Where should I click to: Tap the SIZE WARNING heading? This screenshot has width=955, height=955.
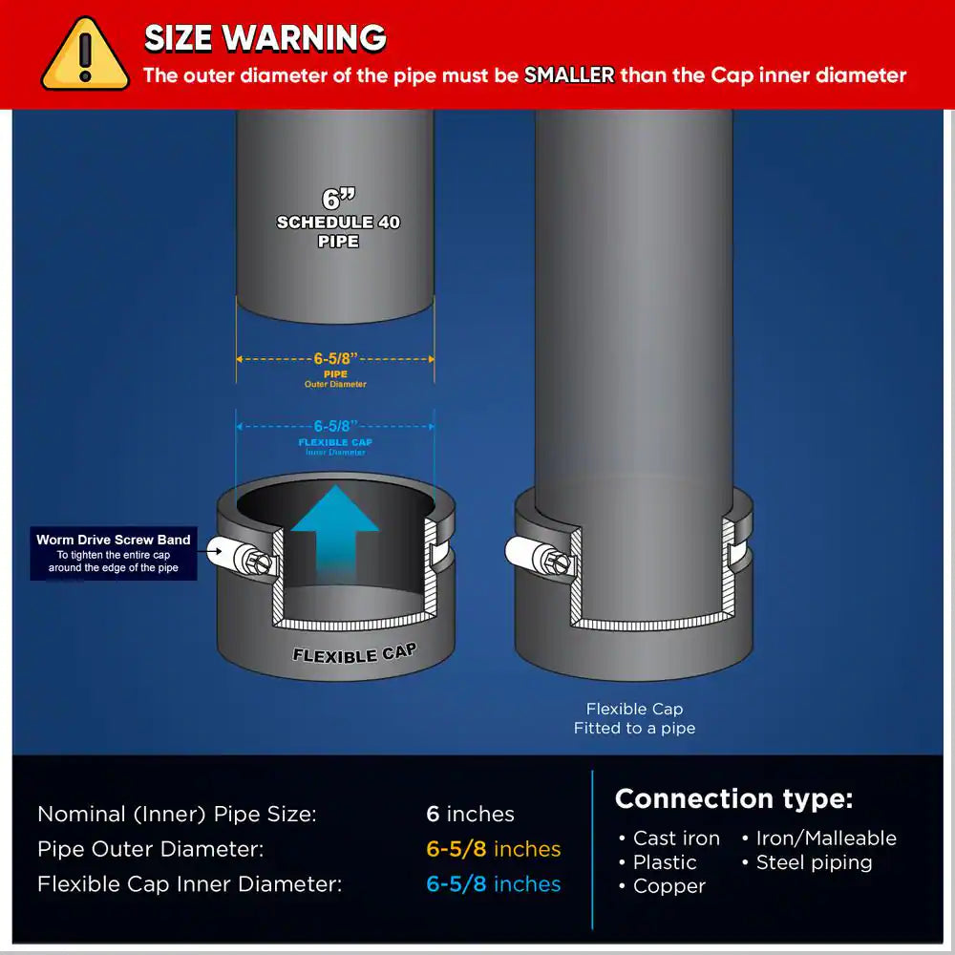(265, 38)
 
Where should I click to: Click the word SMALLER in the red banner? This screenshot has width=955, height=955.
(568, 75)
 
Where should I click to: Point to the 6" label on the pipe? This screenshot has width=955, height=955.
(338, 199)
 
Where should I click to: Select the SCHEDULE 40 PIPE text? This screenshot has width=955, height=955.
(338, 231)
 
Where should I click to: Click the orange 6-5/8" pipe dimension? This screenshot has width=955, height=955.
(335, 359)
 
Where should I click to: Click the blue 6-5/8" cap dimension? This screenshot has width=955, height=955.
(335, 426)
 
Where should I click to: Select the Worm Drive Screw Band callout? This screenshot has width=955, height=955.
(114, 553)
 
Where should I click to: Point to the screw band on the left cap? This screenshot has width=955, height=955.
(239, 554)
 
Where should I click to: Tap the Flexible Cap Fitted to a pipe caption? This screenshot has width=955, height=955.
(634, 718)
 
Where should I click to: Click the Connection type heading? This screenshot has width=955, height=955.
(733, 798)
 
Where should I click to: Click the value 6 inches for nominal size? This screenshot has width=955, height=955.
(470, 814)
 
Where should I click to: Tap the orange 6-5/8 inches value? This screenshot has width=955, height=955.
(493, 849)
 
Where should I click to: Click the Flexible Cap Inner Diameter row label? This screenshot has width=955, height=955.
(189, 884)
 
